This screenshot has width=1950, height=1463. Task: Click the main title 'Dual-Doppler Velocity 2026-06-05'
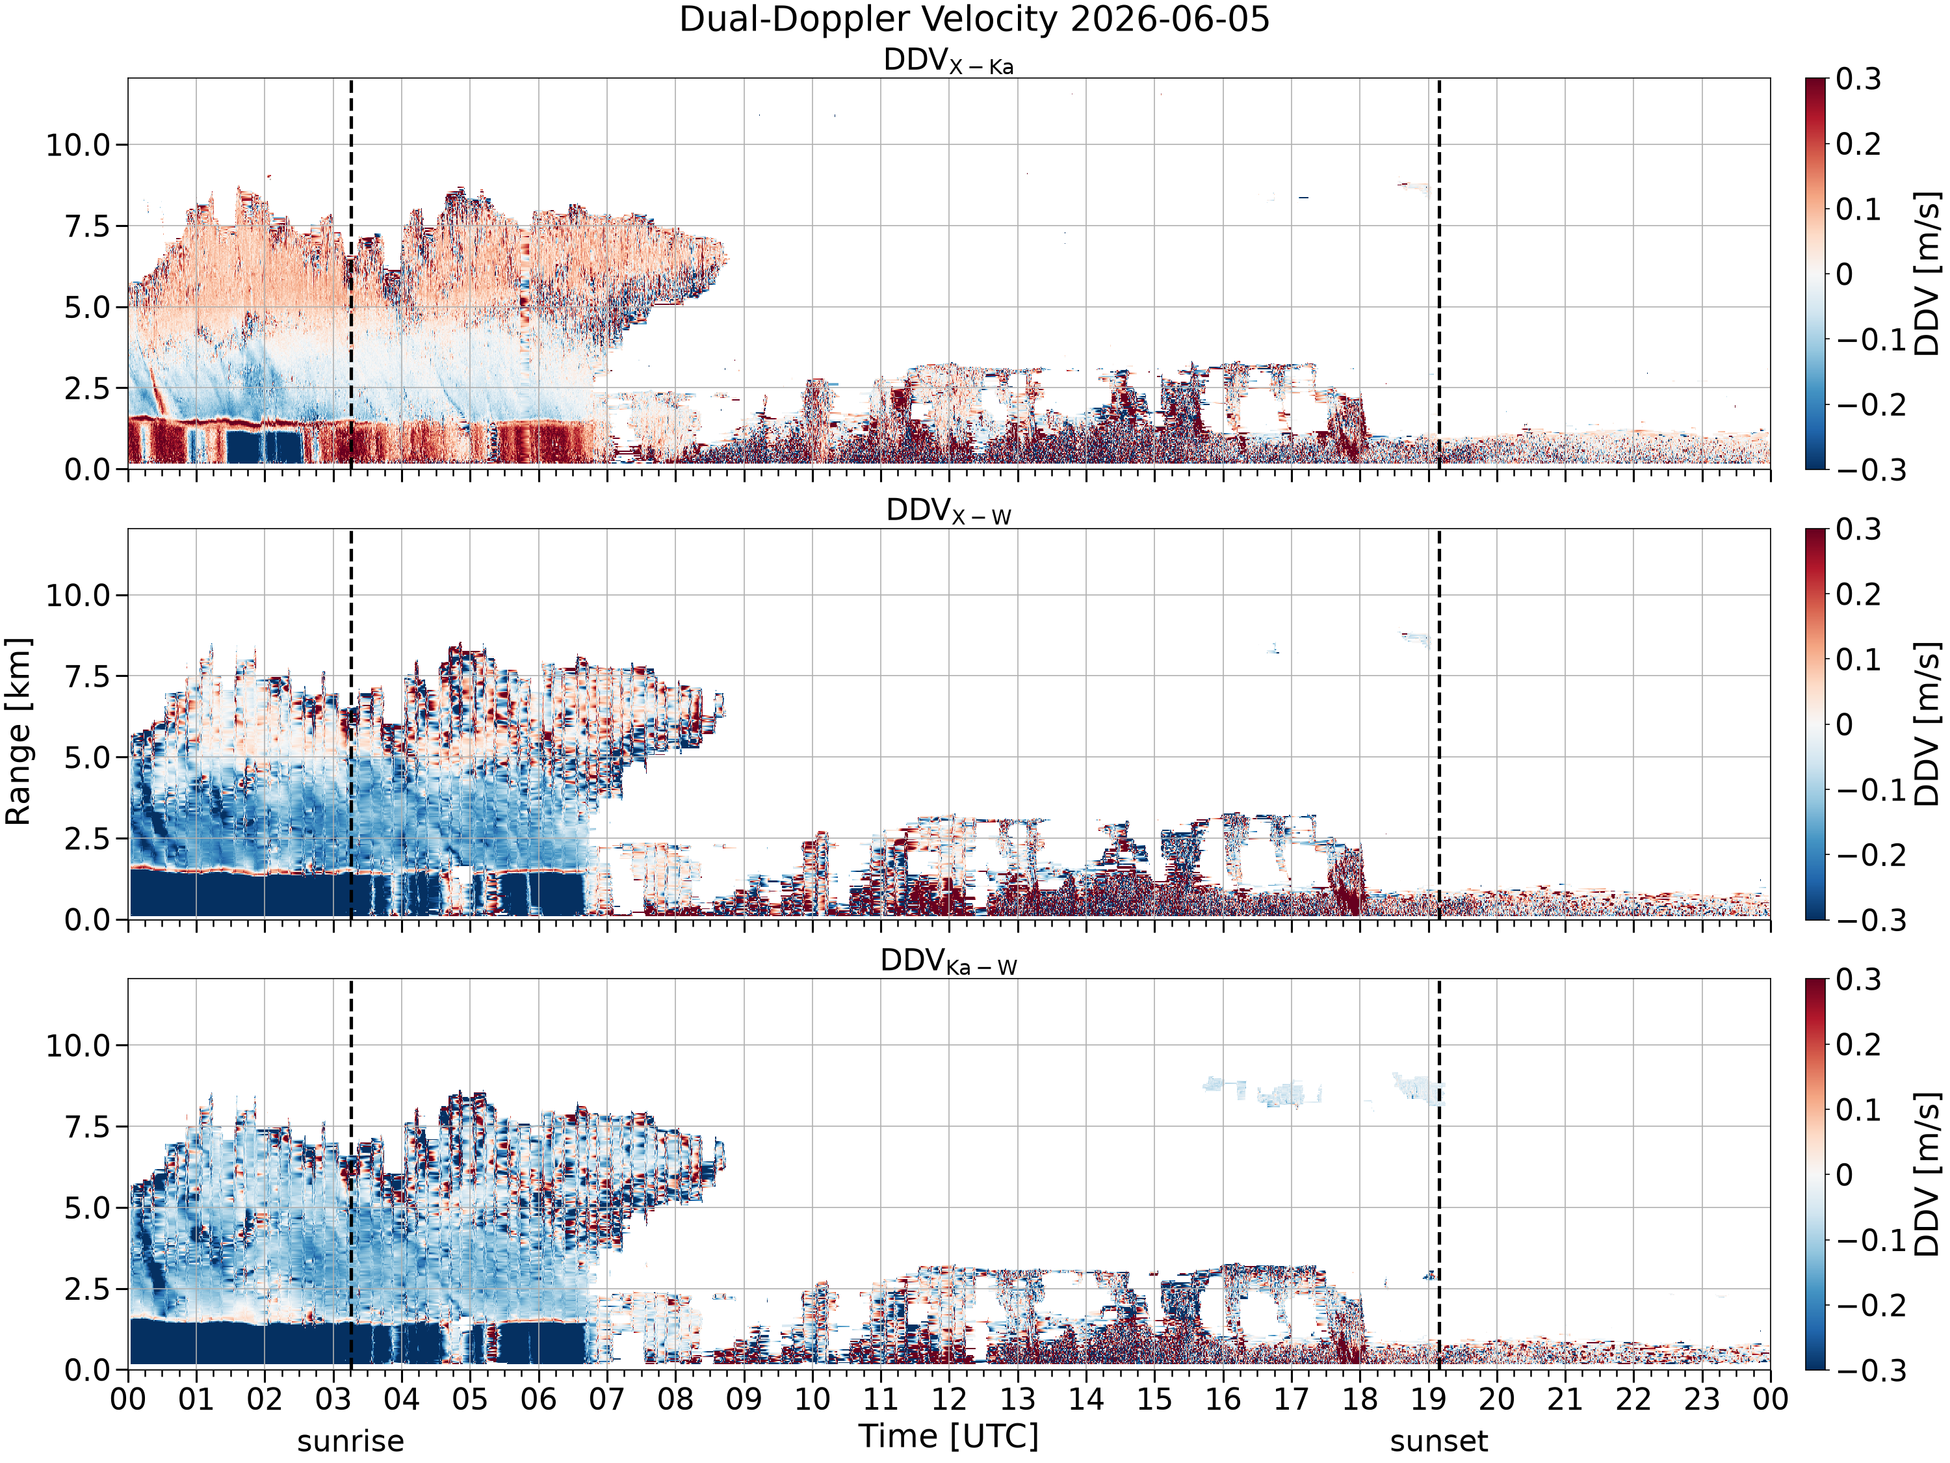click(974, 20)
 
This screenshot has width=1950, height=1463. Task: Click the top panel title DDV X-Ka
click(948, 61)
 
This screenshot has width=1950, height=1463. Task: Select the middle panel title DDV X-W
click(948, 512)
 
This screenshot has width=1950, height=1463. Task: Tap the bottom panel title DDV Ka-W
click(948, 961)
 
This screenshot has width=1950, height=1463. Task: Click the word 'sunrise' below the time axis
click(351, 1441)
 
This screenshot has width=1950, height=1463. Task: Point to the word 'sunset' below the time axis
click(1438, 1441)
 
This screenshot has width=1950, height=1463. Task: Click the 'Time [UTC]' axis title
click(948, 1436)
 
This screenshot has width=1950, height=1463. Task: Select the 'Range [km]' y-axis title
click(18, 731)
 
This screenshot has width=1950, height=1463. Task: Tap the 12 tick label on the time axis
click(950, 1399)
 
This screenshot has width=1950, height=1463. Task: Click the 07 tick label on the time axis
click(607, 1399)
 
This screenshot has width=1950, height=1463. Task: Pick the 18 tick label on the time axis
click(1359, 1399)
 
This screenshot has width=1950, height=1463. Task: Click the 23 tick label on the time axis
click(1702, 1399)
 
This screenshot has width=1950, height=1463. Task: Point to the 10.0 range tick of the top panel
click(79, 144)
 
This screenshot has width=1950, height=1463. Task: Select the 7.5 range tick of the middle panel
click(88, 676)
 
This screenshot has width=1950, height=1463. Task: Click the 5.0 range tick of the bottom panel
click(88, 1208)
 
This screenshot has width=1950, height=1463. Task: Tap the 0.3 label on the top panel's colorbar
click(1858, 79)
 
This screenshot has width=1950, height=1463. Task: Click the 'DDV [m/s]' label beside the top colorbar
click(1928, 273)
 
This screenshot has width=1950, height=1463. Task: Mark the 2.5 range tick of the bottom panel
click(88, 1289)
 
